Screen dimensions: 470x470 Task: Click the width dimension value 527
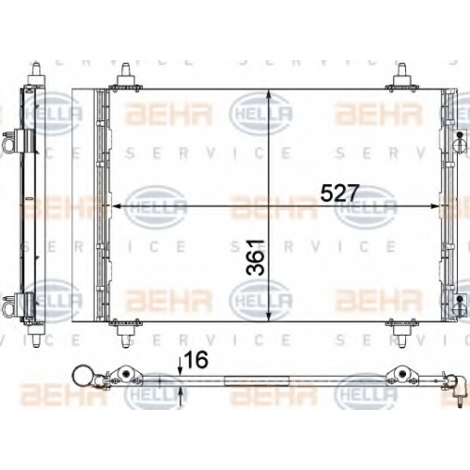coord(338,194)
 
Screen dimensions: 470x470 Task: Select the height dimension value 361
coord(256,258)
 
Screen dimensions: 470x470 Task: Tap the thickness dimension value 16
coord(196,360)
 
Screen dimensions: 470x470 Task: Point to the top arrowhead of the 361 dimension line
coord(269,95)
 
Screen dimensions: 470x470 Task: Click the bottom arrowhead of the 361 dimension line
coord(269,316)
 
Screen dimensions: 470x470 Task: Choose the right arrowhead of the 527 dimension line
coord(434,206)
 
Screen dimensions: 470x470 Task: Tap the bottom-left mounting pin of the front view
coord(125,337)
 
